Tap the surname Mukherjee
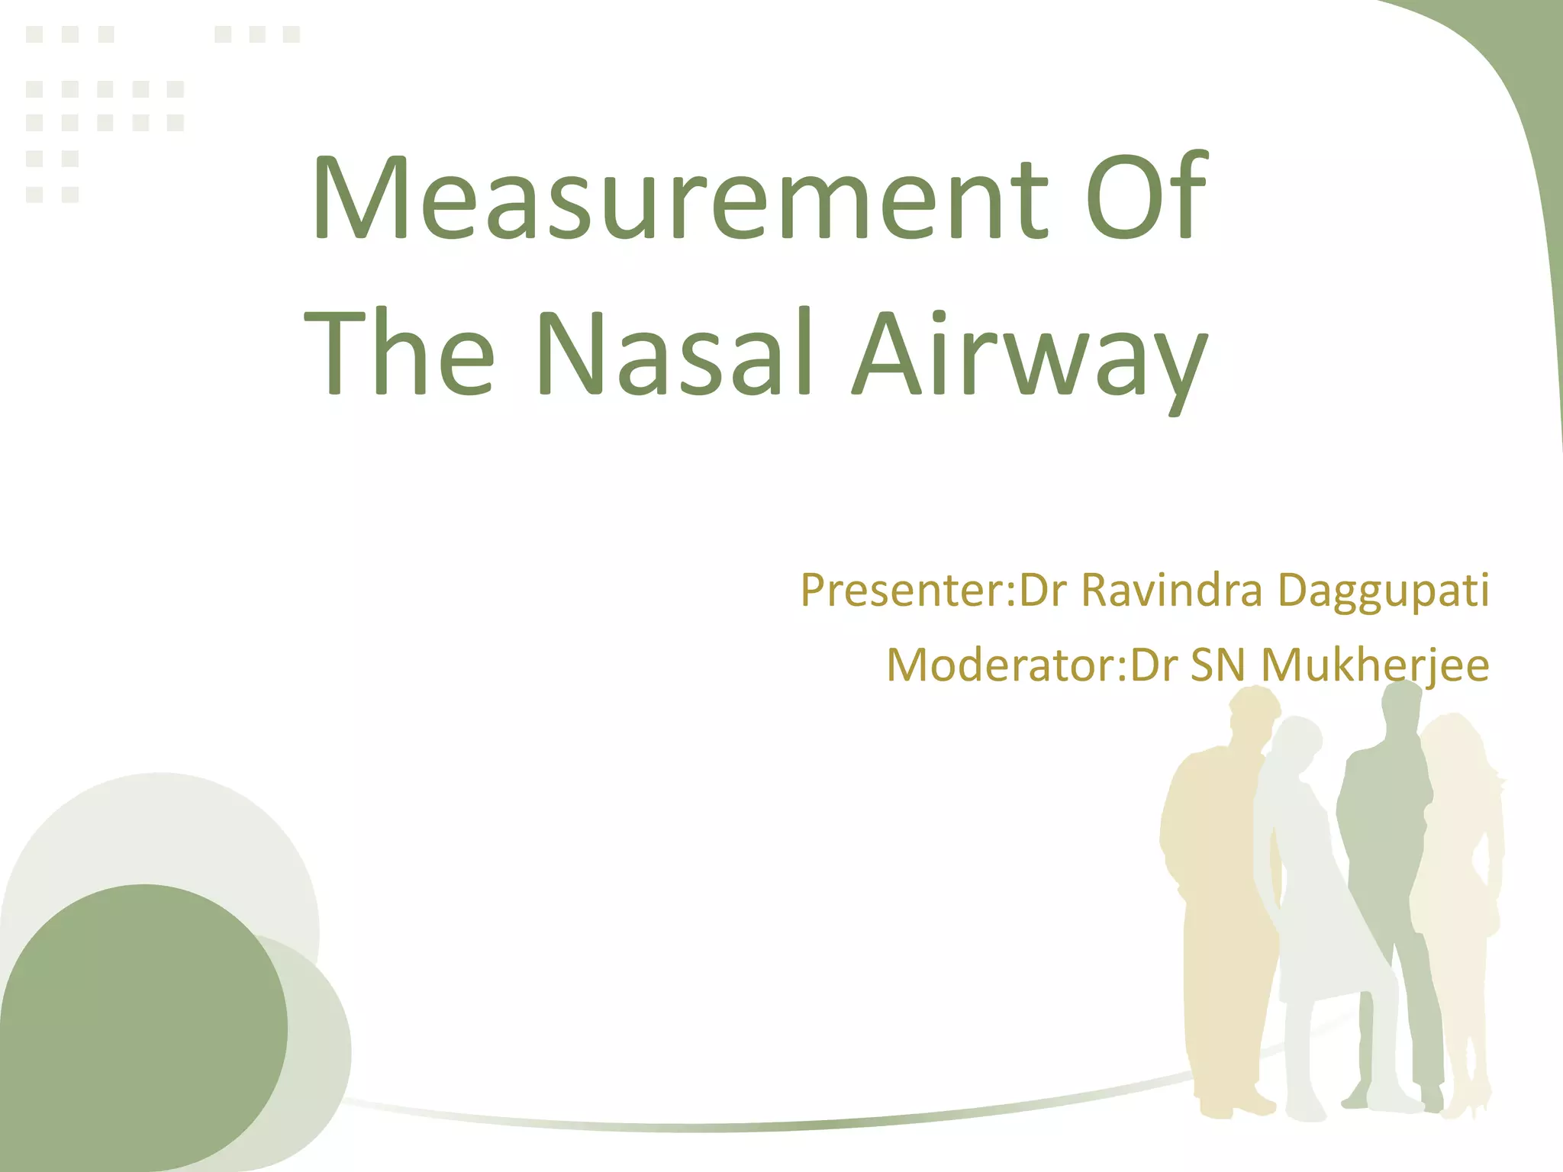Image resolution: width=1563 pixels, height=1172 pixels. [1374, 665]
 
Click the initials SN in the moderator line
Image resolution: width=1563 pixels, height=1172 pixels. [1218, 665]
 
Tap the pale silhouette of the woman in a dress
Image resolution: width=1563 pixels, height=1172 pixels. [1313, 916]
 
